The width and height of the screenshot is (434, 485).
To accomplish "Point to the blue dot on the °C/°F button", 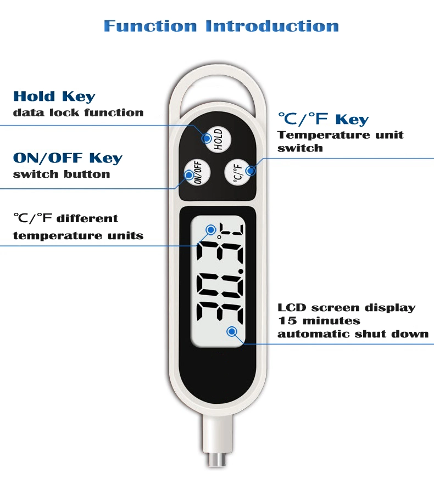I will tap(251, 170).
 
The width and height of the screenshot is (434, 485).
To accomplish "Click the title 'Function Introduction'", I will tap(221, 26).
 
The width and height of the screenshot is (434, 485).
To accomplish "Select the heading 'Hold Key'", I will tap(54, 97).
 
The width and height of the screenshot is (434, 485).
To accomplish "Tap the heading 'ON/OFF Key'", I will tap(68, 158).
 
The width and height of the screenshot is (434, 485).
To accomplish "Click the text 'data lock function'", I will tap(78, 112).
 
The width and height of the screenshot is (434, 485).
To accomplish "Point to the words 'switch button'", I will tap(62, 174).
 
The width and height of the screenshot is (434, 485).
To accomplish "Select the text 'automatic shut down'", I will tap(353, 334).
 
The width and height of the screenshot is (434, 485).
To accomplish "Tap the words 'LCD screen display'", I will tap(346, 308).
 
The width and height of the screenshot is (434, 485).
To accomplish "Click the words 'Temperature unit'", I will tap(341, 134).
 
